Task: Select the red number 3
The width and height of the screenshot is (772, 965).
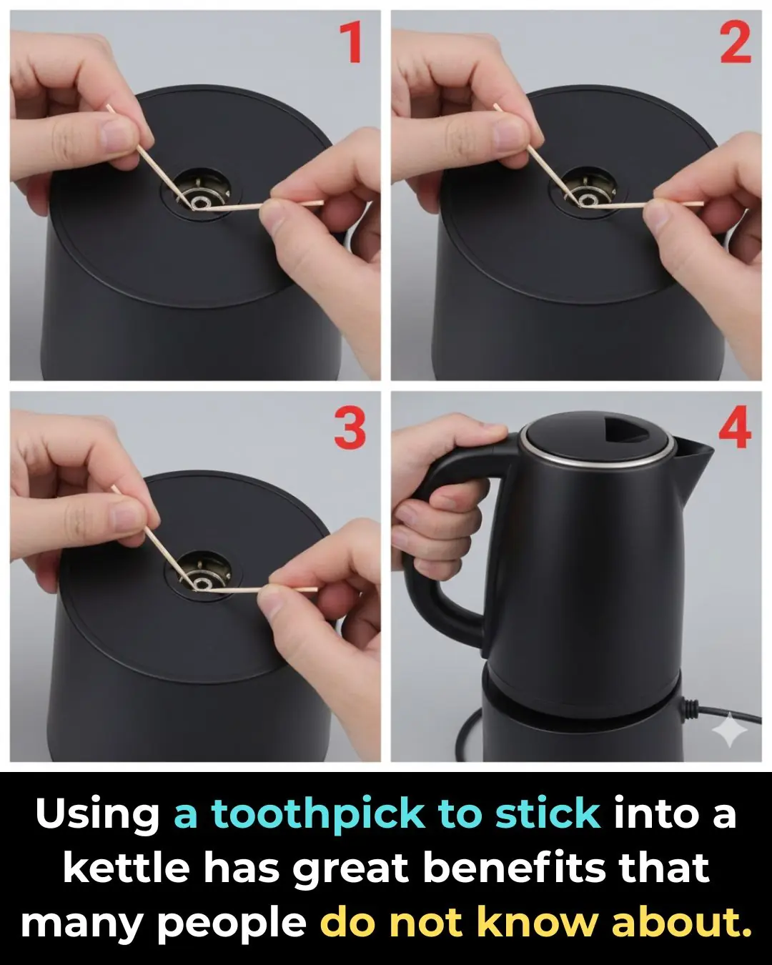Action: (x=350, y=429)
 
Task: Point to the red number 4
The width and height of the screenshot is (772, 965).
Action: (x=735, y=429)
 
